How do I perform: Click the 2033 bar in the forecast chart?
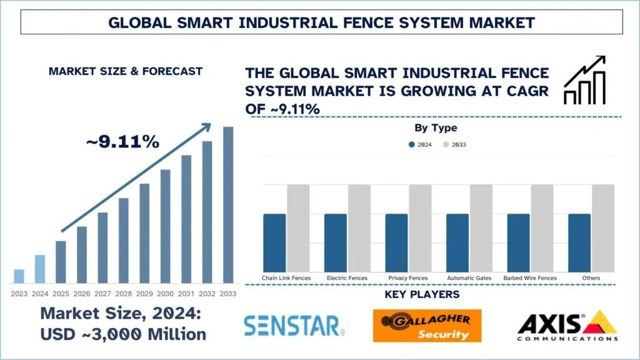tap(228, 205)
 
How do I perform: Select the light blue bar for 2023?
tap(19, 276)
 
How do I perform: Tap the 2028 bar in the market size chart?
tap(124, 241)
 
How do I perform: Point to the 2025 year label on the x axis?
tap(61, 293)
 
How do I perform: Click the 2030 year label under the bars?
tap(166, 293)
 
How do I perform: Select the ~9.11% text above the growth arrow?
tap(122, 142)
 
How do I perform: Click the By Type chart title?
tap(436, 128)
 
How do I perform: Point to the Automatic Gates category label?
tap(469, 277)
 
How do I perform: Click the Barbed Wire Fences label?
tap(530, 277)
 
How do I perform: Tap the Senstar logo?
tap(294, 325)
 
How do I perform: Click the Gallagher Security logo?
tap(427, 326)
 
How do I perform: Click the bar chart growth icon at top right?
tap(584, 80)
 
